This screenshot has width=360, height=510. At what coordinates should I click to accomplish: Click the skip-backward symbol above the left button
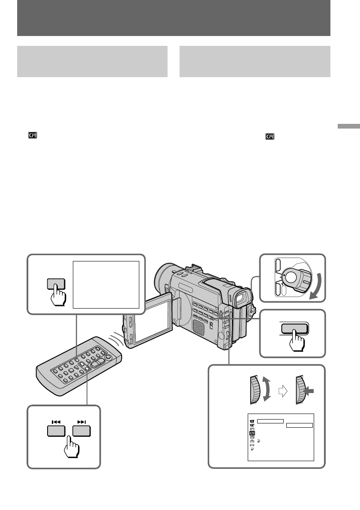click(x=55, y=422)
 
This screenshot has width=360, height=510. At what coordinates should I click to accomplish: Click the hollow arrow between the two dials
click(x=282, y=390)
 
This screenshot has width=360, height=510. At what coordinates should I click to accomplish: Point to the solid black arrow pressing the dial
click(x=309, y=390)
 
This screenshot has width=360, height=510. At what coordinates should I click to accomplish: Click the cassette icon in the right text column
click(x=270, y=137)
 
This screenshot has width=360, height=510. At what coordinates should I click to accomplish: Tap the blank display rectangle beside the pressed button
click(x=106, y=284)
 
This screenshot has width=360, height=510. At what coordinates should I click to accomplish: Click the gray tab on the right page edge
click(x=348, y=127)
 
